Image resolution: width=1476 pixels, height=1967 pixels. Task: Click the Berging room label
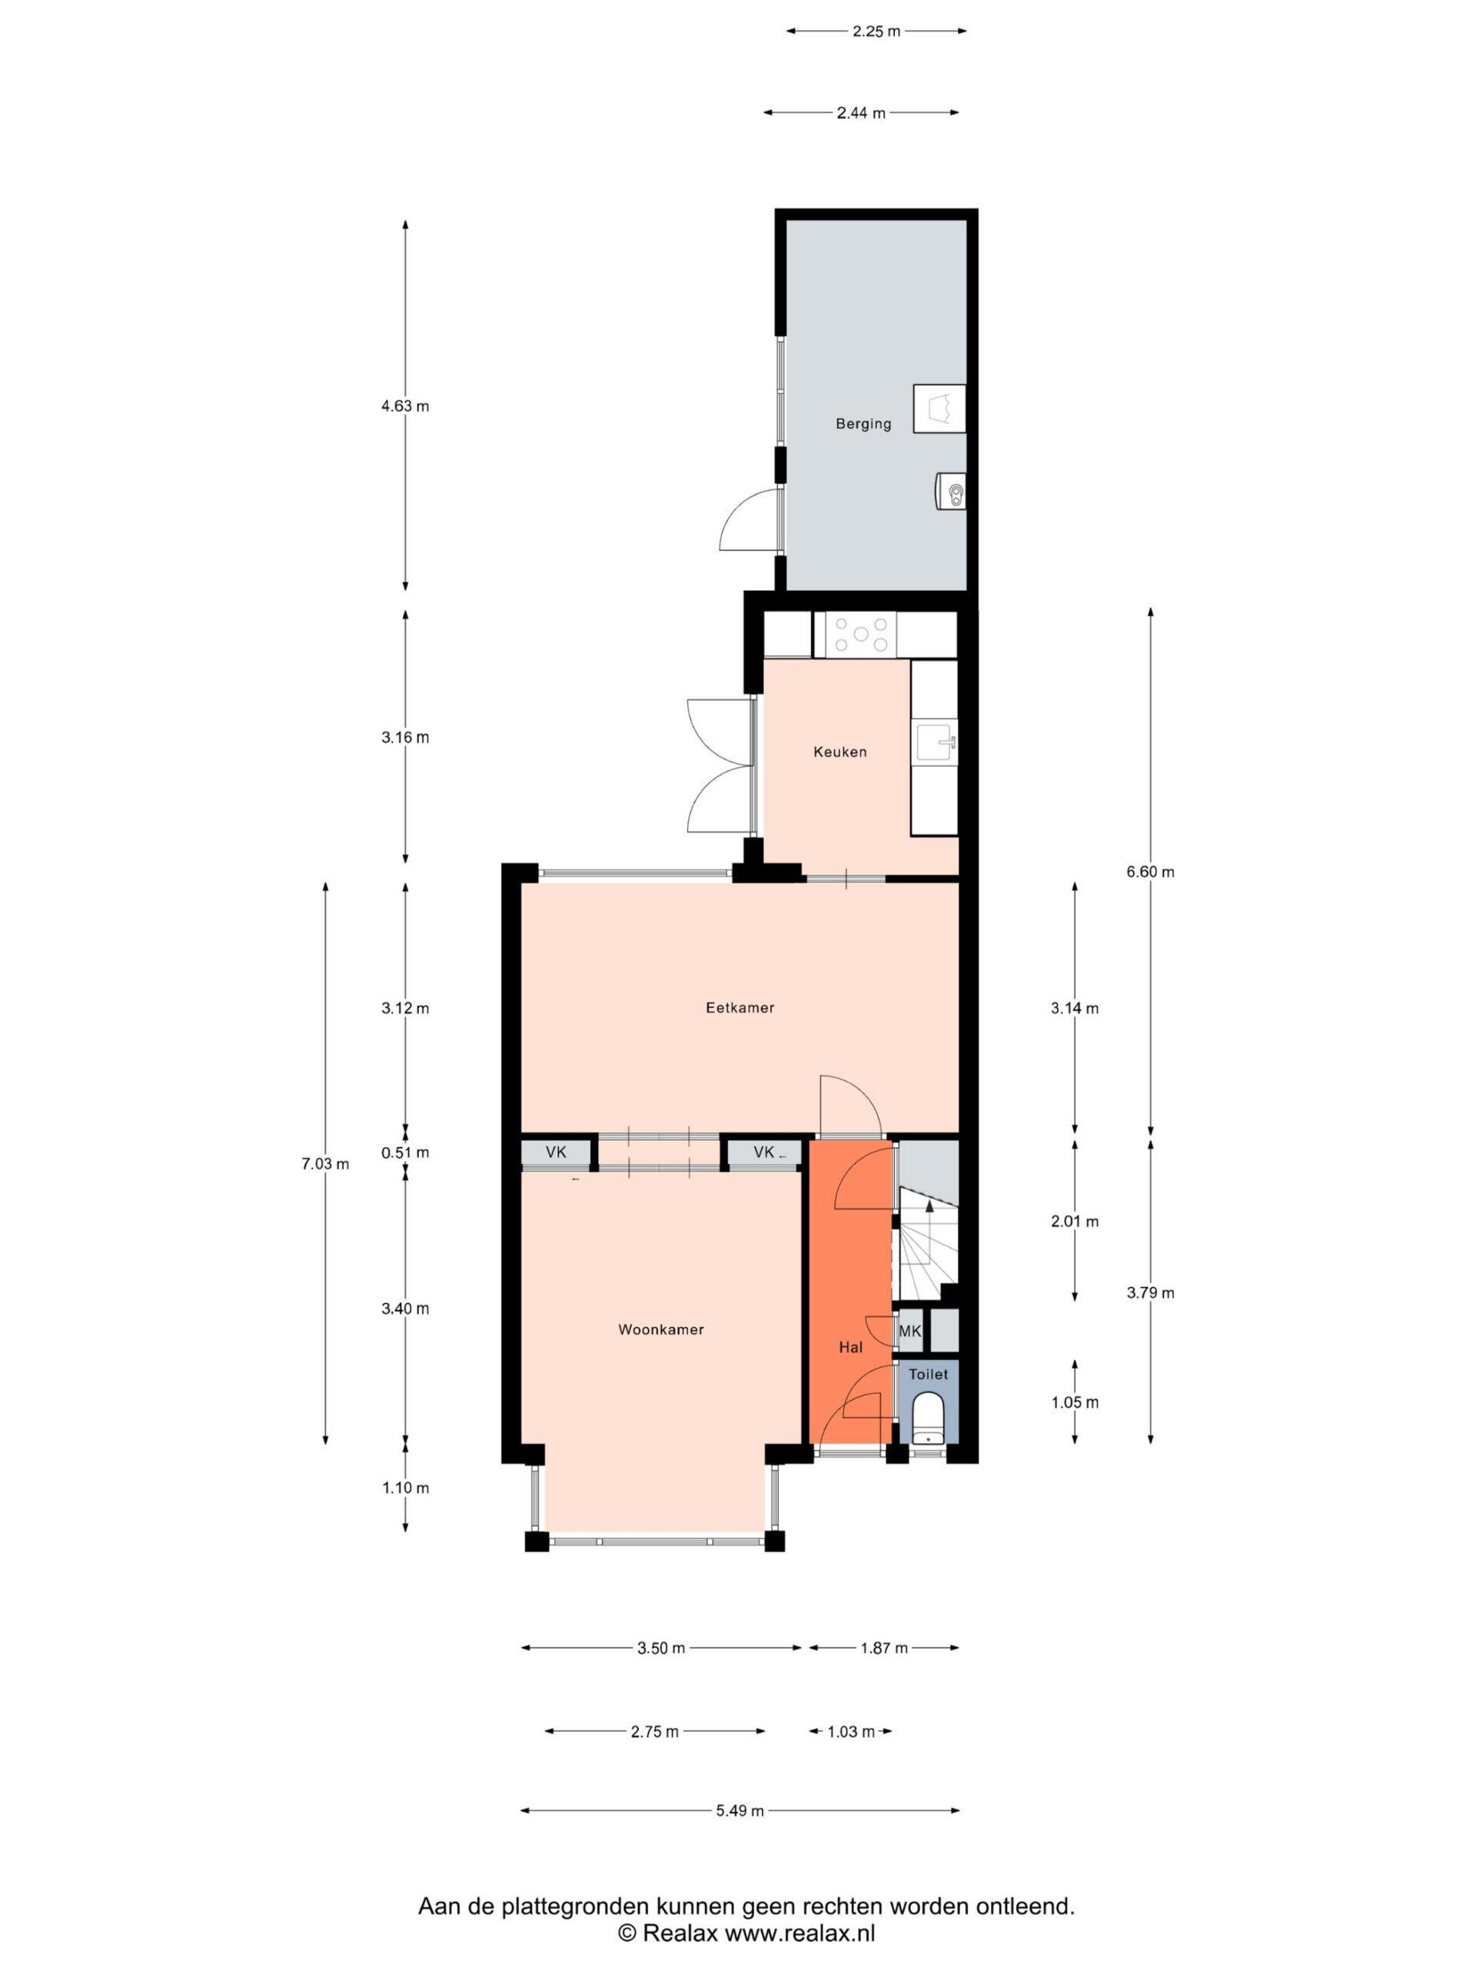coord(863,424)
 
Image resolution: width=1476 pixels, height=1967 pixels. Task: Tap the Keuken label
coord(840,752)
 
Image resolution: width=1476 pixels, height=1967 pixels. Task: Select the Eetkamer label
coord(740,1007)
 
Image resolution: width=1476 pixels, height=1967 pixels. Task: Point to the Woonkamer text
coord(661,1329)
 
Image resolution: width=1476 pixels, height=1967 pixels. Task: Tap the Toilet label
coord(928,1374)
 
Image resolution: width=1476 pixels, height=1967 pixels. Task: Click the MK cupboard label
coord(910,1332)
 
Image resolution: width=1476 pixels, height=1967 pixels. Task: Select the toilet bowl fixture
coord(928,1419)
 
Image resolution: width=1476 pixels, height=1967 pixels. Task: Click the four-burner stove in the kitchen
coord(860,635)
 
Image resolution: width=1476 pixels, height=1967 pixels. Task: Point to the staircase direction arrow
coord(929,1206)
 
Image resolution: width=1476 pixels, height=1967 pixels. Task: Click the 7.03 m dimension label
coord(324,1163)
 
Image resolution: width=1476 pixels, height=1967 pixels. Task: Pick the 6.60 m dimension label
coord(1150,871)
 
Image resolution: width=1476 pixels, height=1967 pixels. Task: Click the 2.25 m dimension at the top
coord(876,32)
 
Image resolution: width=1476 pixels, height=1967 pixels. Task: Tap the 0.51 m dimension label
coord(405,1153)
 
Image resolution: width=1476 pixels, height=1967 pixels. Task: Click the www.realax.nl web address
coord(799,1932)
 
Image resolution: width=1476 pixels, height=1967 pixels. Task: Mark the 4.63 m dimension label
coord(405,406)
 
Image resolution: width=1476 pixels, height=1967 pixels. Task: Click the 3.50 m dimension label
coord(661,1648)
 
